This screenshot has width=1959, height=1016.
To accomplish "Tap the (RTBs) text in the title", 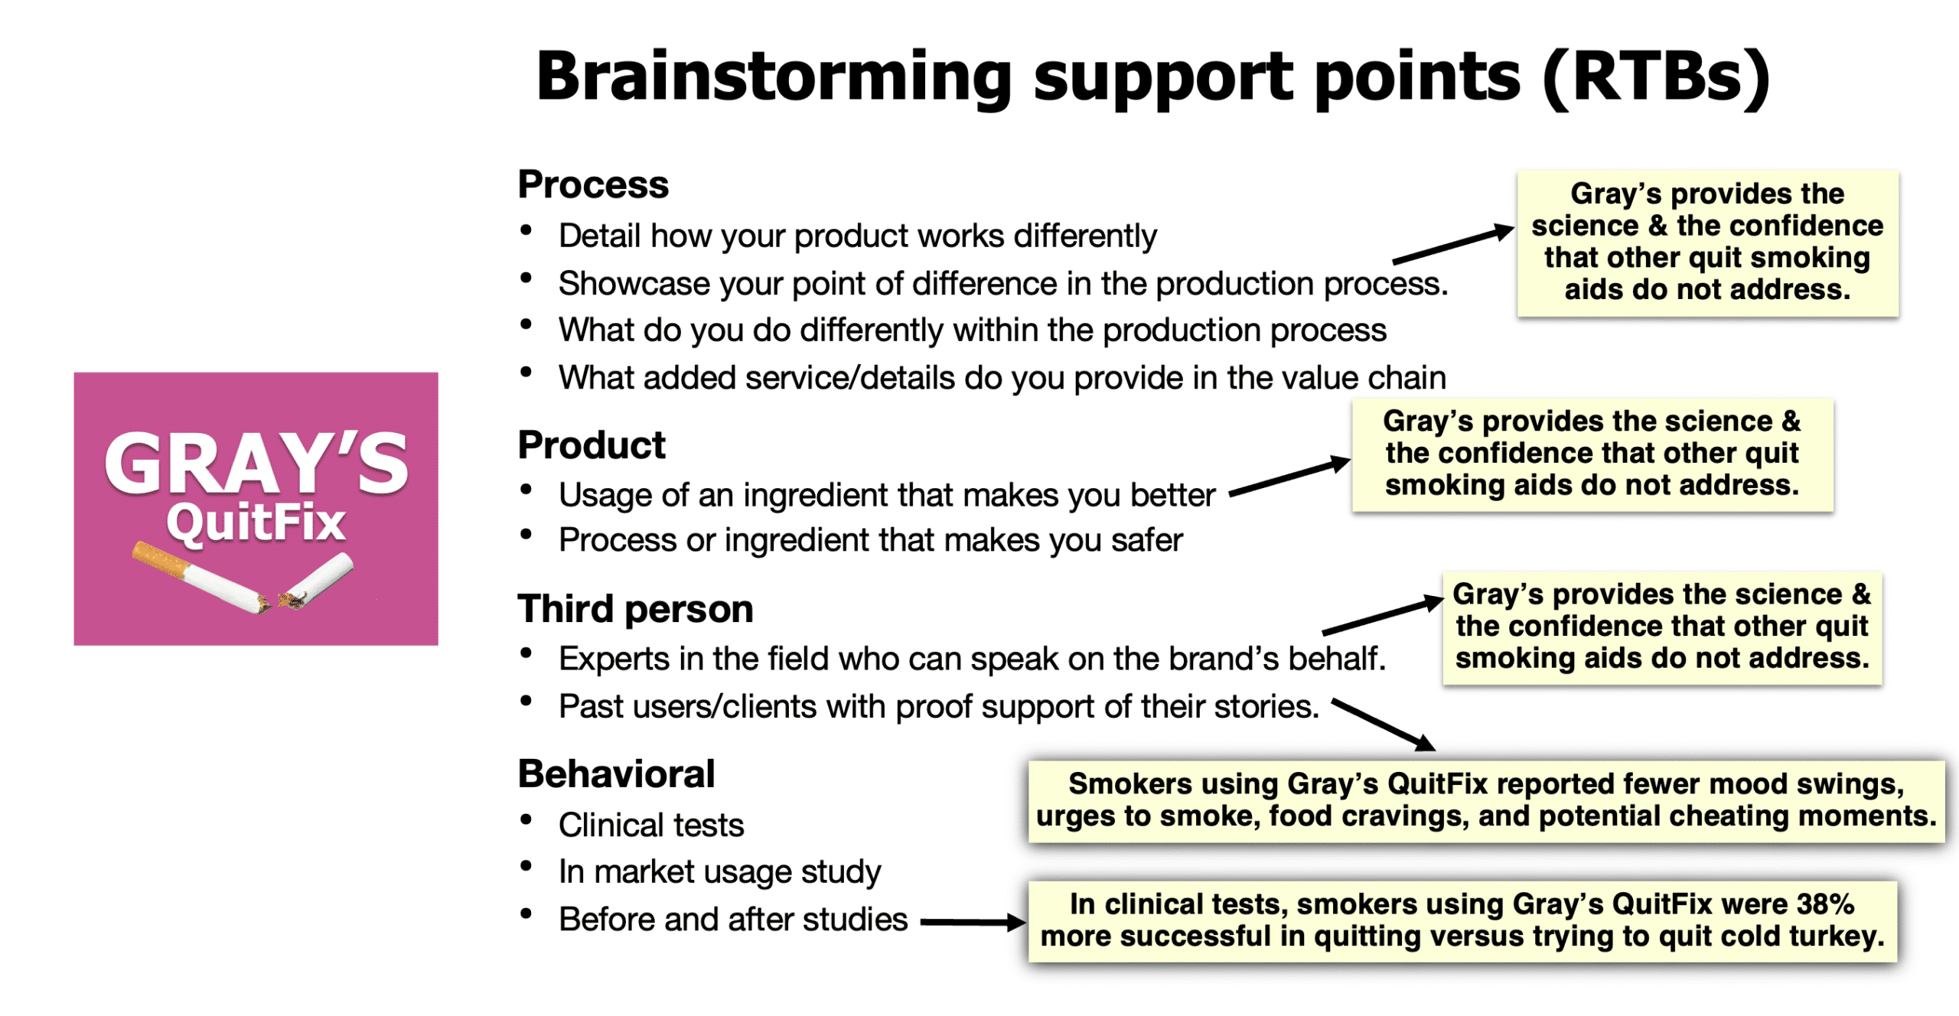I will tap(1657, 77).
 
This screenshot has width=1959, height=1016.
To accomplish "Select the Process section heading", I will tap(593, 184).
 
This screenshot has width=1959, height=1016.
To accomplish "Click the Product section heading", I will tap(592, 445).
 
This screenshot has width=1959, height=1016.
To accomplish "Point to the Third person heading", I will tap(635, 609).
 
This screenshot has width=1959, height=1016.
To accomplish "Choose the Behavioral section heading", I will tap(616, 773).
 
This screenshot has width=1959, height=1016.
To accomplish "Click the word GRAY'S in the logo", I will tap(256, 464).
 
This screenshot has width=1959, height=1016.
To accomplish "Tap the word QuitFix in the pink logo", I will tap(256, 523).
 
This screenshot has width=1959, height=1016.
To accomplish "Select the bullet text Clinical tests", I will tap(650, 825).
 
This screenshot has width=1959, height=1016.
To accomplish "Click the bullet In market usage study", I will tap(719, 871).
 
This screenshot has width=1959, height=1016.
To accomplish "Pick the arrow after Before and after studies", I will tap(972, 923).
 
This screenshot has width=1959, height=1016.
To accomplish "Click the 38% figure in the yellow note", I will tap(1825, 904).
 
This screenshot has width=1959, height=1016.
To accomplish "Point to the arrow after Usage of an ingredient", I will tap(1289, 477).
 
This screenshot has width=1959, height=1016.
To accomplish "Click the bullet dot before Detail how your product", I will tap(526, 230).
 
